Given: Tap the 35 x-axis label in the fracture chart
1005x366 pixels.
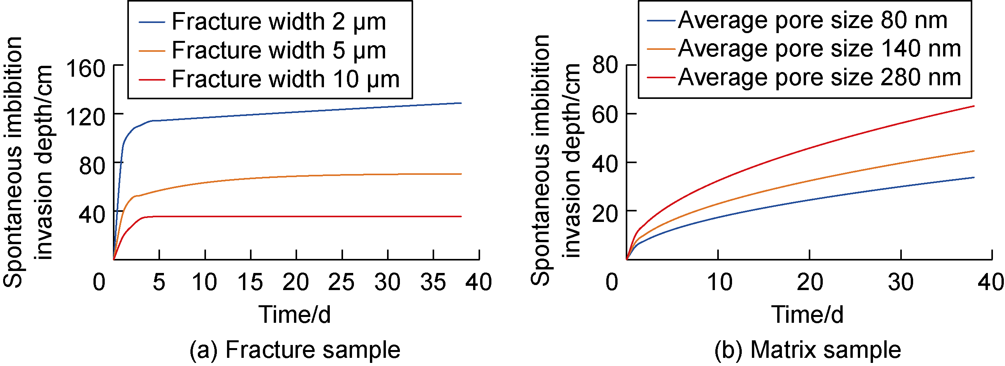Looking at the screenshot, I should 433,282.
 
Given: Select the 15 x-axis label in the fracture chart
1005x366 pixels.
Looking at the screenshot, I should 250,282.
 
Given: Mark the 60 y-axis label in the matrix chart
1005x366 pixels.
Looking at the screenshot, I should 605,116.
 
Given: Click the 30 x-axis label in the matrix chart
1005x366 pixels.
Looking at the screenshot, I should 901,282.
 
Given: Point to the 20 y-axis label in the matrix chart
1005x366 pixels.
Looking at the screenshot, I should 605,213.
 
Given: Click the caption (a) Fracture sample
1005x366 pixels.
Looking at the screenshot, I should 295,350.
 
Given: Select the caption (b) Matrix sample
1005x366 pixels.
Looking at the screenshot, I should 808,350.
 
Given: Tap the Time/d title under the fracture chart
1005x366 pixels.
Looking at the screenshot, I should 295,315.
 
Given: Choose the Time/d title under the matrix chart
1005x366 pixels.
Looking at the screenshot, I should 808,315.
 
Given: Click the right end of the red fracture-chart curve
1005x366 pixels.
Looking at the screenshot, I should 461,216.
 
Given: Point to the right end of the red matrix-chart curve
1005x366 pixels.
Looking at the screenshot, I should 974,106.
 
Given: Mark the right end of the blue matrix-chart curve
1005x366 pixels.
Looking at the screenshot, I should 974,178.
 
